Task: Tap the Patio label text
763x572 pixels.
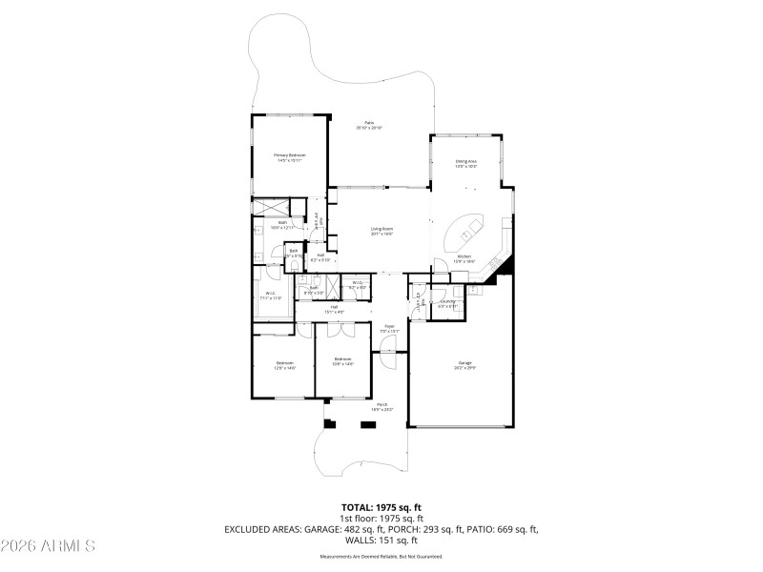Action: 369,125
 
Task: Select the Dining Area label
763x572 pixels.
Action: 465,164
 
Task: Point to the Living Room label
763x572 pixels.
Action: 381,231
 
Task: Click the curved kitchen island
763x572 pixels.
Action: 467,232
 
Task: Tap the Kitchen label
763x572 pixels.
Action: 464,258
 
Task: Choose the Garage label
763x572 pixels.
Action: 465,364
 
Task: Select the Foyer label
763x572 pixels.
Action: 389,329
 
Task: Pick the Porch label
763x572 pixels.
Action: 381,407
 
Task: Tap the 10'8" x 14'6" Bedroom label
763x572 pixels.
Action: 342,361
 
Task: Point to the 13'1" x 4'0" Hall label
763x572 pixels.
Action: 335,309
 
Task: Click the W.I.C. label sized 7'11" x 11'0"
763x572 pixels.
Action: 271,296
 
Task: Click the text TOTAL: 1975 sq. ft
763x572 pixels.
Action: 381,507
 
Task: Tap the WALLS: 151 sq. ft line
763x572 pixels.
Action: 381,539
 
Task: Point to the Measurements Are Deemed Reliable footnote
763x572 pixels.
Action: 381,556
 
